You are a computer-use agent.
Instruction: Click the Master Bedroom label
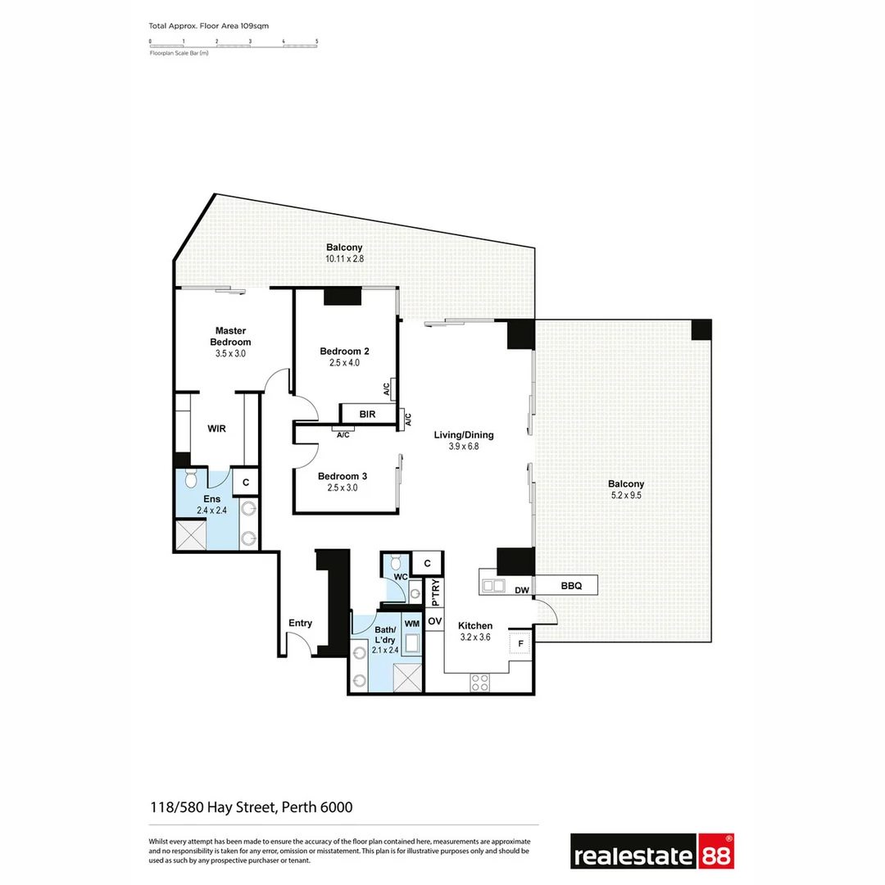[230, 336]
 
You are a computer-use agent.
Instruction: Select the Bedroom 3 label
[343, 476]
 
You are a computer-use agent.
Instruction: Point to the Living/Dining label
[464, 435]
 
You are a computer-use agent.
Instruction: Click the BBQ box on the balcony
[572, 586]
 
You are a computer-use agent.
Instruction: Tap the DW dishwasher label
[521, 590]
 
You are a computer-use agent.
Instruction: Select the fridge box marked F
[520, 643]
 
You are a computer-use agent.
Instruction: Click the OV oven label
[434, 622]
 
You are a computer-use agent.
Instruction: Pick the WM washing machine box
[411, 624]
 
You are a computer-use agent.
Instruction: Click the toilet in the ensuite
[191, 478]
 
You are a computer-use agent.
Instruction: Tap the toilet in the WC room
[396, 562]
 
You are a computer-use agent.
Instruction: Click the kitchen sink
[493, 586]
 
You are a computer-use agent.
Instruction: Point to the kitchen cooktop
[479, 681]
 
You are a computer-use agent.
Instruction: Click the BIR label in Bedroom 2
[367, 415]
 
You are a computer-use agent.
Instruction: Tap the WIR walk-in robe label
[217, 429]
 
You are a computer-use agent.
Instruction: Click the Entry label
[300, 623]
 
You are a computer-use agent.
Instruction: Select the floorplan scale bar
[234, 43]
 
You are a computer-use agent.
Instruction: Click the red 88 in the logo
[715, 852]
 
